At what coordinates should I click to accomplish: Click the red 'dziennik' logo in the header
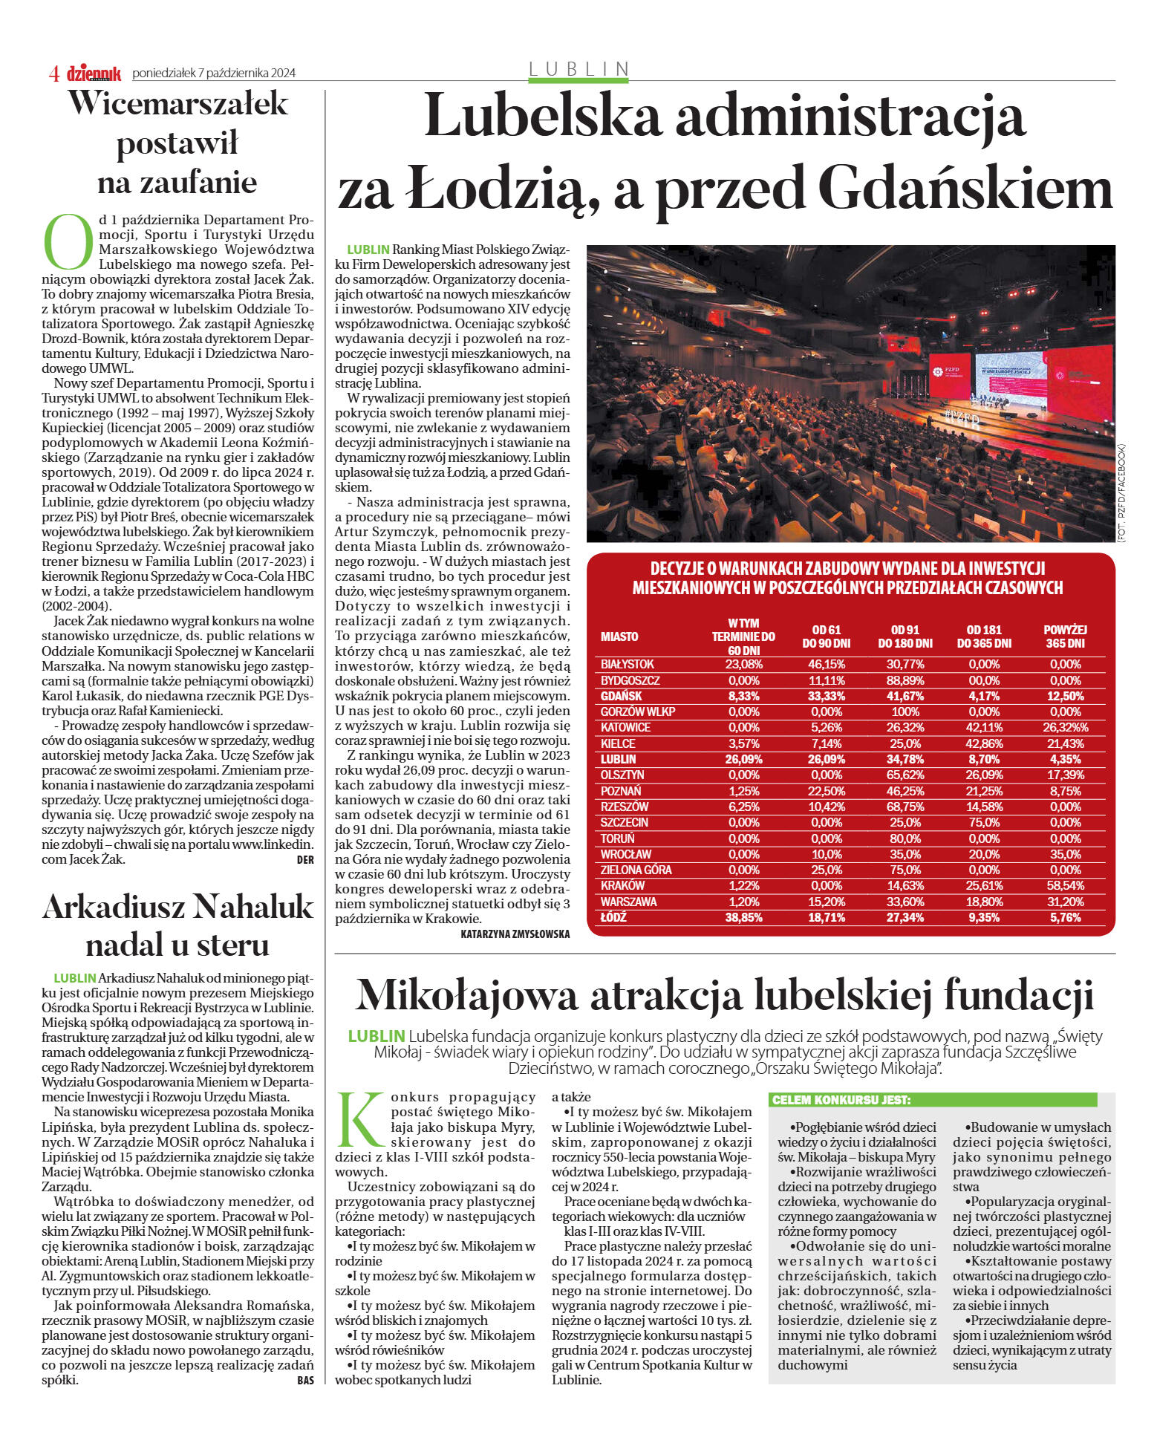pyautogui.click(x=94, y=73)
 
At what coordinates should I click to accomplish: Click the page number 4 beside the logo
pyautogui.click(x=53, y=73)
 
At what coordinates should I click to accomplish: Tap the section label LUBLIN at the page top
pyautogui.click(x=578, y=69)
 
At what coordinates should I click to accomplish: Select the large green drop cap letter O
pyautogui.click(x=68, y=242)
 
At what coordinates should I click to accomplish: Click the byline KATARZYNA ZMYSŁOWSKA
pyautogui.click(x=515, y=934)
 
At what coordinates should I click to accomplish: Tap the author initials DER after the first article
pyautogui.click(x=304, y=860)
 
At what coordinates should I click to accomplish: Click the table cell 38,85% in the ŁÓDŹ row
pyautogui.click(x=743, y=917)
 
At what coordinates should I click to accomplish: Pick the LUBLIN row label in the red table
pyautogui.click(x=618, y=759)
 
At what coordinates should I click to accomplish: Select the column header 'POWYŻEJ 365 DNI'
pyautogui.click(x=1065, y=636)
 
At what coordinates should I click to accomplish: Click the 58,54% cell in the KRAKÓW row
pyautogui.click(x=1065, y=885)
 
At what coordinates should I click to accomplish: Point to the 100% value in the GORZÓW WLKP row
pyautogui.click(x=905, y=711)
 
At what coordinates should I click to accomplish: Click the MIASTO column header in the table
pyautogui.click(x=619, y=636)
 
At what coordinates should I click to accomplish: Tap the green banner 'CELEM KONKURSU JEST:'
pyautogui.click(x=841, y=1100)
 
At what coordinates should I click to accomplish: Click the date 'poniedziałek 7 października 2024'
pyautogui.click(x=214, y=73)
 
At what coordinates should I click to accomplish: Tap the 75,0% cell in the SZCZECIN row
pyautogui.click(x=984, y=822)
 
